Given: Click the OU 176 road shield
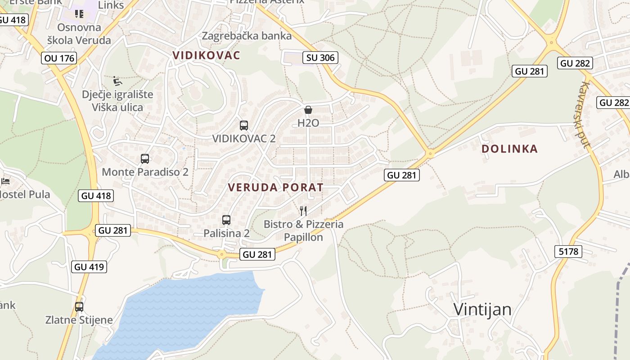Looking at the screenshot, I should [59, 58].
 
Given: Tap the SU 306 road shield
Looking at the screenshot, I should [320, 58].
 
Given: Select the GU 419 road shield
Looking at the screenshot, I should [89, 267].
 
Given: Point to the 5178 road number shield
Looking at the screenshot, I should [568, 252].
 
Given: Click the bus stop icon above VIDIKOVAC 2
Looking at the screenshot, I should [244, 126].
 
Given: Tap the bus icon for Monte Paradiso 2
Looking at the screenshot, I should [145, 159].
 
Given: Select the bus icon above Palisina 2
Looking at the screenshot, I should [226, 220].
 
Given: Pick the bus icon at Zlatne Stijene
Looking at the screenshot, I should [79, 307].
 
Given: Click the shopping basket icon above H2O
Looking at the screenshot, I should [308, 110].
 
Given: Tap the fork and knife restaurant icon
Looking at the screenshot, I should [303, 211].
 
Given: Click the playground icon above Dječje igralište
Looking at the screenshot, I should [117, 81].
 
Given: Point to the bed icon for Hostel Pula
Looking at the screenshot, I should [5, 181].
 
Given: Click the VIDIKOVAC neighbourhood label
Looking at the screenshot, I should [207, 55].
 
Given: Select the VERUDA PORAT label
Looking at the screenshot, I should [275, 187].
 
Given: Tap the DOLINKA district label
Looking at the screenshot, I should [509, 149].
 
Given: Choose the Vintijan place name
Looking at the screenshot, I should [482, 310].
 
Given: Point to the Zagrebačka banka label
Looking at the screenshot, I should [247, 36].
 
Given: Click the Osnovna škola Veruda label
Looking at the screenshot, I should [79, 34].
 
